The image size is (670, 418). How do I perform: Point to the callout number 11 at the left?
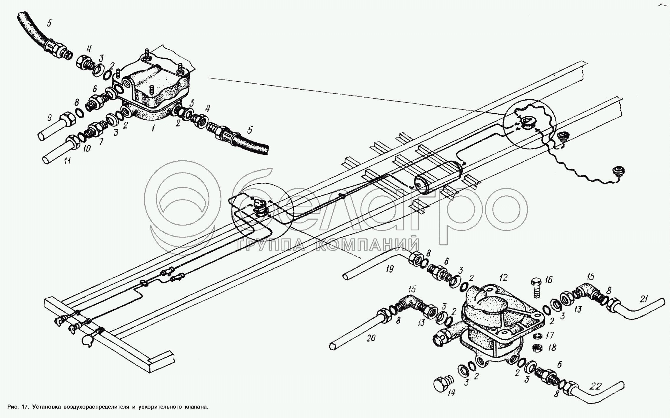click(x=67, y=161)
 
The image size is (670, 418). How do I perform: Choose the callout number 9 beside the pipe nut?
click(x=49, y=118)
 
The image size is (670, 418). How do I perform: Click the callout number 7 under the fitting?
click(x=102, y=142)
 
